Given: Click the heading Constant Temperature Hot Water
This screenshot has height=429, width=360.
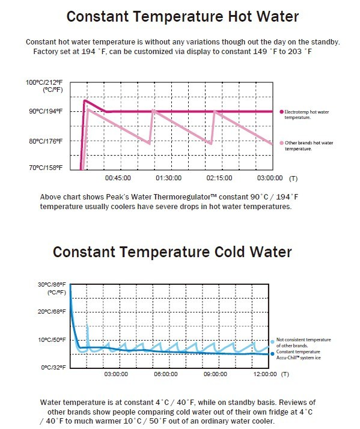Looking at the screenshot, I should tap(182, 16).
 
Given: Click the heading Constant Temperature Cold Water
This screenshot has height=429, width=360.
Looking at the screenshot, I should tap(172, 251).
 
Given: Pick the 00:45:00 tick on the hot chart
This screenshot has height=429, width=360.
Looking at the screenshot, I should tap(118, 178).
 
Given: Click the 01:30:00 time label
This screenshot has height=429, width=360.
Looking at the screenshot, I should tap(168, 178).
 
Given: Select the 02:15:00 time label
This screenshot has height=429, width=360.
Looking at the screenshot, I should tap(219, 178).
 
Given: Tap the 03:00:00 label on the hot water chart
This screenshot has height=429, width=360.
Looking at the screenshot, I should tap(270, 178).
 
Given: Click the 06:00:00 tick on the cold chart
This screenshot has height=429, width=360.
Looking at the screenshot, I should tap(165, 374).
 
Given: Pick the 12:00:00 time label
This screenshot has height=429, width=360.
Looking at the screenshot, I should tap(265, 374).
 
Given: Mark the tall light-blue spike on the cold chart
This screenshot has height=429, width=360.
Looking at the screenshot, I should tap(88, 332).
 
